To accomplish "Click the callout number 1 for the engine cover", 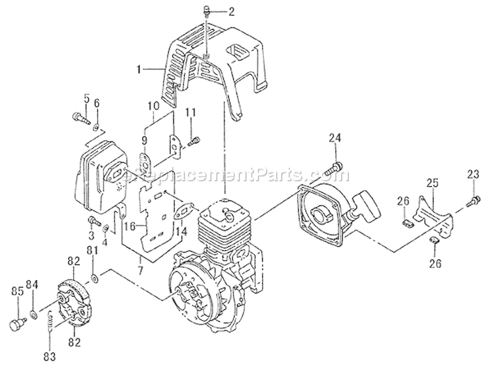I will click(139, 67).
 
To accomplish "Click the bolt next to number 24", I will click(334, 167).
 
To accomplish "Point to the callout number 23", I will click(473, 173).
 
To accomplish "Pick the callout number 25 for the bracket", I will click(433, 183).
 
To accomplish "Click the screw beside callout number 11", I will click(194, 140).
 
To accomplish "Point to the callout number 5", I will click(85, 99).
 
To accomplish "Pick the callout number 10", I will click(152, 105).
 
